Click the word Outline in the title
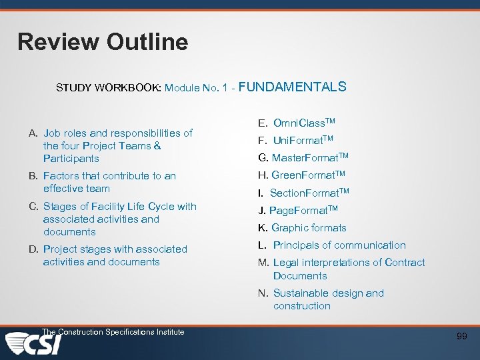tap(147, 42)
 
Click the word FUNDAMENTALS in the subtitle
tap(292, 87)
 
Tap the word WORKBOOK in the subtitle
tap(130, 87)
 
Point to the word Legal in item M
tap(287, 263)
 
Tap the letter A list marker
tap(33, 133)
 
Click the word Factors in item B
tap(61, 176)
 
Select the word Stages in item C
tap(59, 207)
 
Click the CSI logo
tap(33, 345)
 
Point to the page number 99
tap(461, 337)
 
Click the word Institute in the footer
tap(167, 332)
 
